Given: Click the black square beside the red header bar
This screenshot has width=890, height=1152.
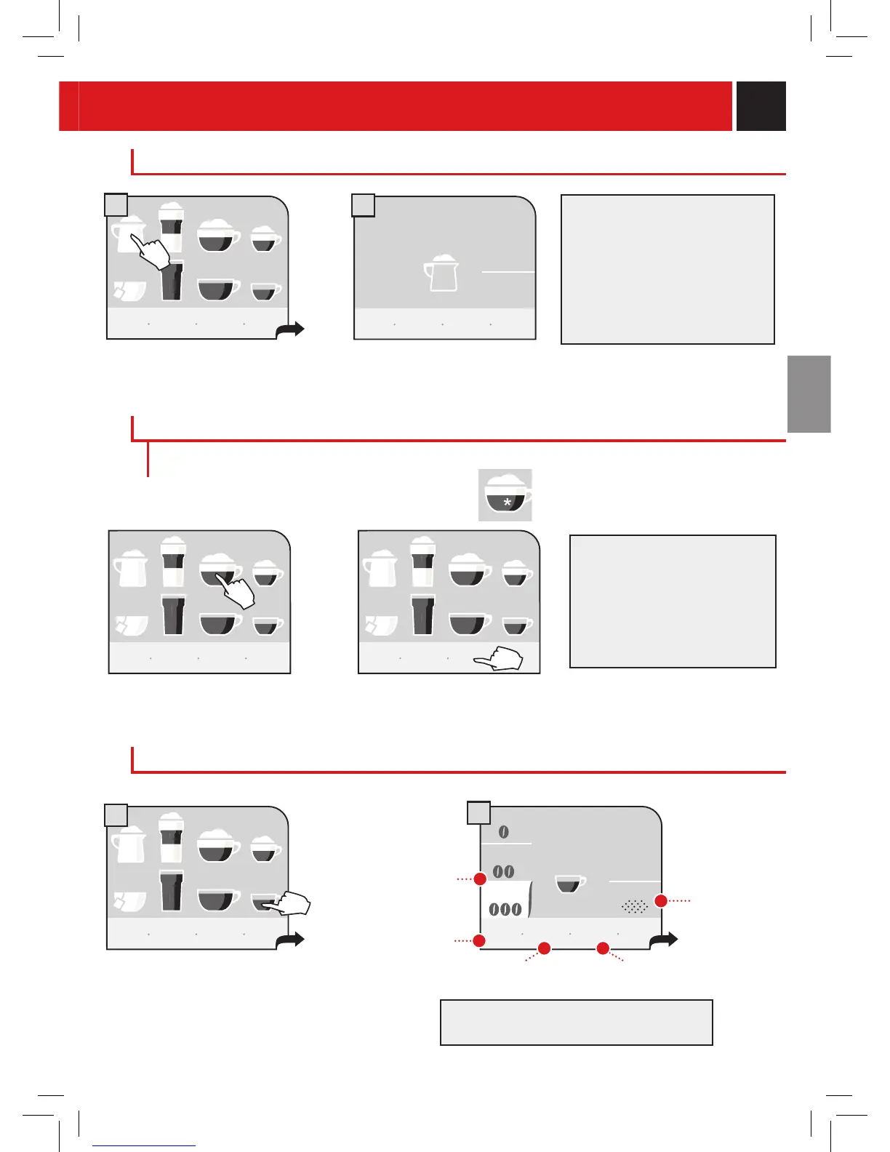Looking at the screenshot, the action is pyautogui.click(x=761, y=106).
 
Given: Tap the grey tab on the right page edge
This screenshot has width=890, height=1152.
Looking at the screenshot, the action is pyautogui.click(x=809, y=393).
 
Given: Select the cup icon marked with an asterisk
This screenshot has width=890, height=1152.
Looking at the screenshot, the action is pyautogui.click(x=505, y=495).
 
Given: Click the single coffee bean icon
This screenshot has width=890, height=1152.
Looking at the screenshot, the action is pyautogui.click(x=504, y=832).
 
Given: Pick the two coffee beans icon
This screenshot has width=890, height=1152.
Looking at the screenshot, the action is pyautogui.click(x=504, y=871).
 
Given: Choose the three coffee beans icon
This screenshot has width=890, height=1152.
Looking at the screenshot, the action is pyautogui.click(x=505, y=909).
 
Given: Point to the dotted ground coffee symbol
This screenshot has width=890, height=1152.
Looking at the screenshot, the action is pyautogui.click(x=635, y=906).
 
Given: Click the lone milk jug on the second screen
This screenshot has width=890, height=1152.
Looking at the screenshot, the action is pyautogui.click(x=442, y=273).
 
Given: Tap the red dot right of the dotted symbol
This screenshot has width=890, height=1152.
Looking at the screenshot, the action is pyautogui.click(x=661, y=901).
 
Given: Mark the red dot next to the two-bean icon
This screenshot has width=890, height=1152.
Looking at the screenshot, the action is pyautogui.click(x=480, y=879).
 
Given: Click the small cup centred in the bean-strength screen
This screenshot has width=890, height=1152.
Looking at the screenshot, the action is pyautogui.click(x=570, y=884).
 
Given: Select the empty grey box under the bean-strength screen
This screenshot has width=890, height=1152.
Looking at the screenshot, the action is pyautogui.click(x=576, y=1022).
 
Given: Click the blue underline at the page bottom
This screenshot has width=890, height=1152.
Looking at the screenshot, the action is pyautogui.click(x=145, y=1145).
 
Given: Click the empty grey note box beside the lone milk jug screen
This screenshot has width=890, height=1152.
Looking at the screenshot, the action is pyautogui.click(x=667, y=269).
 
